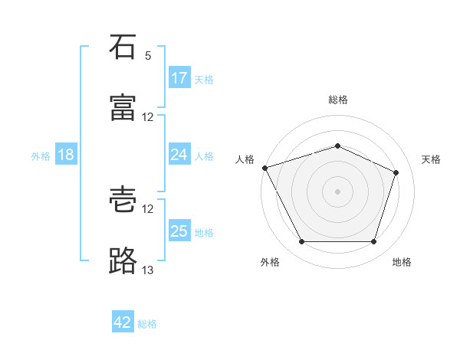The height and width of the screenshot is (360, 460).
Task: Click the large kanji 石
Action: pos(123,47)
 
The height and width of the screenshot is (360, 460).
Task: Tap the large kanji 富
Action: pos(123,107)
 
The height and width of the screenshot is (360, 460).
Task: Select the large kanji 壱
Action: pos(123,199)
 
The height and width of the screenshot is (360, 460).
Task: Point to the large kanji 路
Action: pos(123,260)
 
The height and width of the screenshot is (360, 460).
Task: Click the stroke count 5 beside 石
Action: pos(148,56)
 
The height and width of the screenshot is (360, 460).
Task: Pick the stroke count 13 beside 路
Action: pos(147,270)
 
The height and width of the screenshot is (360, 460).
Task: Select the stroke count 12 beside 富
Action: pos(147,117)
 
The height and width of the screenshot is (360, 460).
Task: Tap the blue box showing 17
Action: pos(179,77)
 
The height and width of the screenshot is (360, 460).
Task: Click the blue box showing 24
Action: pos(179,154)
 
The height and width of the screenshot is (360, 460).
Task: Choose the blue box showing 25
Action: pos(179,230)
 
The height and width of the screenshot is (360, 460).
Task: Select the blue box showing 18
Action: pos(66,154)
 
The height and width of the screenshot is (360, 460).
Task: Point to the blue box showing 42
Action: pos(123,321)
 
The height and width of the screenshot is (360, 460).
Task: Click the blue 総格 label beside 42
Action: pos(147,324)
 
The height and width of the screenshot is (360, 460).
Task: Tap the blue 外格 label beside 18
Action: pos(41,156)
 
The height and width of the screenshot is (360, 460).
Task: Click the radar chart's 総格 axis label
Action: pos(338,100)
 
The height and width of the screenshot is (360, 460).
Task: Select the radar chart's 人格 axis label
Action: pos(245,159)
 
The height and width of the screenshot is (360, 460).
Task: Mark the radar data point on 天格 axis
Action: pos(396,172)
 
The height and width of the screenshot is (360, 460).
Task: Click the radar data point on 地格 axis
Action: pos(373,241)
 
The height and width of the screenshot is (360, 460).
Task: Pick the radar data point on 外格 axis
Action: pos(302,241)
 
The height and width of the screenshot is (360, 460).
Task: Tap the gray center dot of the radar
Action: pos(337,191)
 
